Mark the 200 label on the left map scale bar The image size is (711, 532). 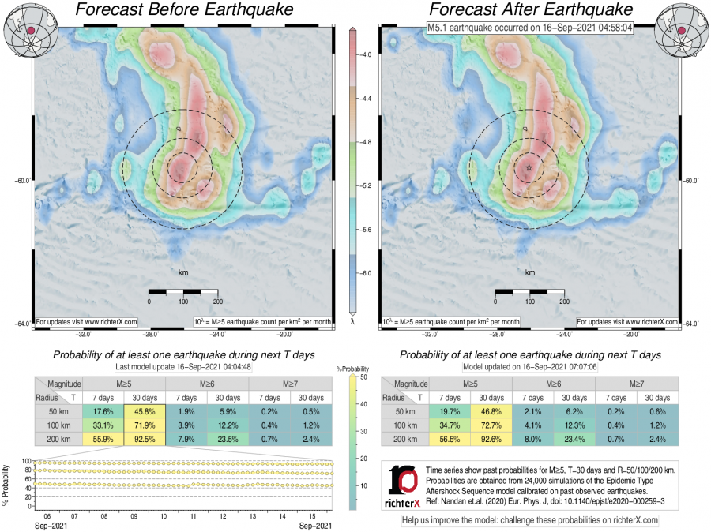[216, 302]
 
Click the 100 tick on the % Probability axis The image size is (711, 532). [25, 461]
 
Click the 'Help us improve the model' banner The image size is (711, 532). [529, 520]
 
